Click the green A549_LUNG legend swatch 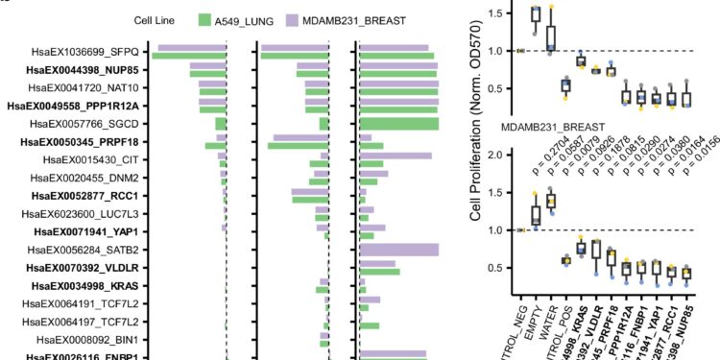click(210, 18)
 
